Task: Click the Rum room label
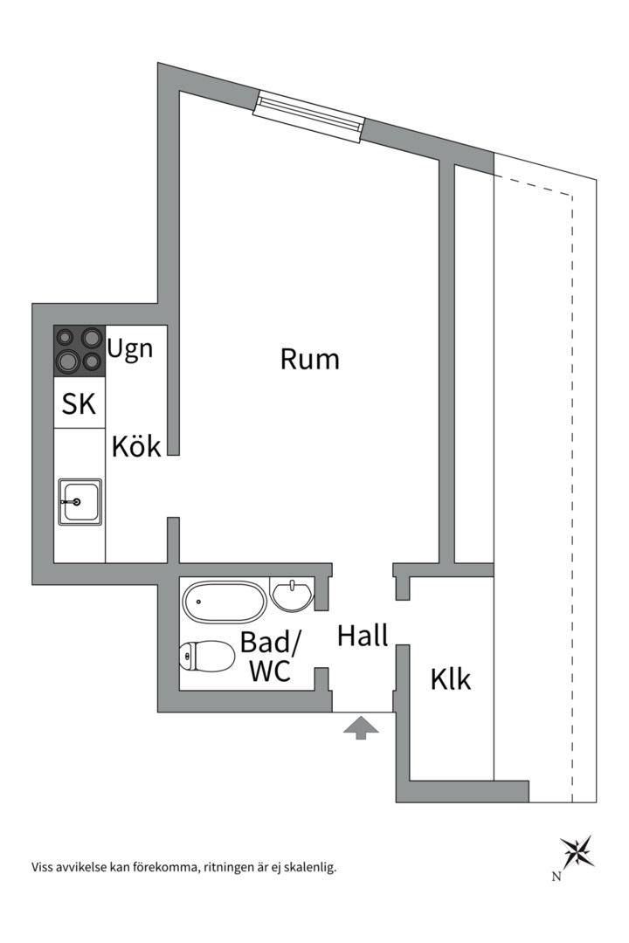(310, 359)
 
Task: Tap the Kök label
(136, 446)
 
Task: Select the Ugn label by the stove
(130, 349)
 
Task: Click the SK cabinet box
(79, 403)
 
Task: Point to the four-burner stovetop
(79, 351)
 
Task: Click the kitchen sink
(79, 501)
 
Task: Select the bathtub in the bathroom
(225, 602)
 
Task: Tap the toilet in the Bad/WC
(207, 656)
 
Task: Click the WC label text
(270, 671)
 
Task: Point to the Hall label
(363, 635)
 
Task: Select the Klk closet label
(451, 679)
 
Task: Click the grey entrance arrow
(361, 727)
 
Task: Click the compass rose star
(577, 851)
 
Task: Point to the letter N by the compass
(556, 877)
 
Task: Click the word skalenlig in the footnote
(312, 867)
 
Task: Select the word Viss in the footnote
(41, 867)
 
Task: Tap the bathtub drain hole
(198, 602)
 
